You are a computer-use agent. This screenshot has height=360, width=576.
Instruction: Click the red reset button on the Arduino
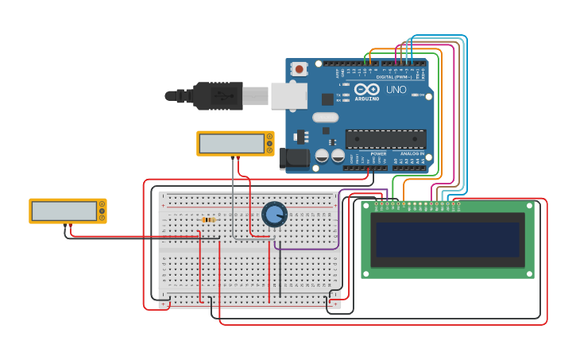(x=299, y=69)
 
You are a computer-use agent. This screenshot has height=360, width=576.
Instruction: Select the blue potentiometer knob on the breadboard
(x=274, y=214)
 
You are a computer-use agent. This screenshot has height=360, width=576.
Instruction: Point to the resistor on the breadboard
(x=209, y=220)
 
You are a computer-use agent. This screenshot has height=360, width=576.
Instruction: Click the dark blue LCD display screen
(x=447, y=239)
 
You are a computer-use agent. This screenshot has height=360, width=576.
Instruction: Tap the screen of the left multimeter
(x=64, y=211)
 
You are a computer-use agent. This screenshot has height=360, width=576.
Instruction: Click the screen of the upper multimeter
(x=231, y=143)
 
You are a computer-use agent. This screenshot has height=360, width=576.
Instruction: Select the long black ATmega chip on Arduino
(x=385, y=139)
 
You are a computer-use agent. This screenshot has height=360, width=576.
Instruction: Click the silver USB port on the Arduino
(x=288, y=95)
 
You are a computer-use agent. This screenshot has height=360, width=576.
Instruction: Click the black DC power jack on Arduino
(x=294, y=157)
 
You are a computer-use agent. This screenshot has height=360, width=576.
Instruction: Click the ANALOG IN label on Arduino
(x=412, y=153)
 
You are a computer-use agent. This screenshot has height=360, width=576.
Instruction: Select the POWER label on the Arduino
(x=378, y=153)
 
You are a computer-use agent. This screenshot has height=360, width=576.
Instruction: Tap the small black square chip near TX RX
(x=327, y=99)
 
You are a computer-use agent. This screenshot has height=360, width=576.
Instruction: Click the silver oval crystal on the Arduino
(x=325, y=118)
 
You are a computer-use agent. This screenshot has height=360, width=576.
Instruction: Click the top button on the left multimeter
(x=102, y=204)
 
